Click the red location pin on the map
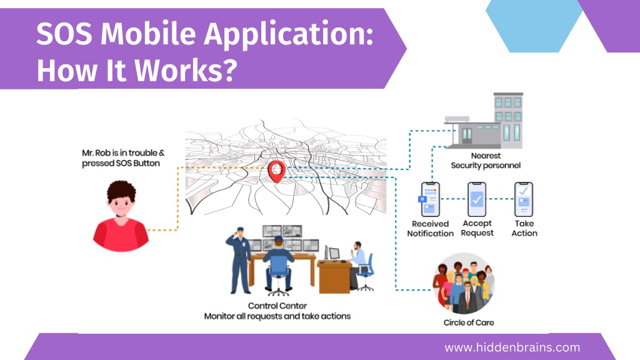tap(276, 171)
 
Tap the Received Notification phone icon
tap(429, 199)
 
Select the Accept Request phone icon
tap(477, 199)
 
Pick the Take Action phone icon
tap(524, 199)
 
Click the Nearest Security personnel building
tap(484, 121)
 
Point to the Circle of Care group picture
tap(464, 283)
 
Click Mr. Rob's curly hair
tap(121, 191)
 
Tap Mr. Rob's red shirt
tap(121, 235)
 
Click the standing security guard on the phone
tap(239, 260)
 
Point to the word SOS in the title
tap(64, 34)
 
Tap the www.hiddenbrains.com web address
tap(512, 347)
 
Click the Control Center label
tap(277, 306)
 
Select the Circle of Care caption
tap(469, 322)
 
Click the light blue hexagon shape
tap(534, 26)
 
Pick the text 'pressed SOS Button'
tap(121, 163)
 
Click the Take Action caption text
tap(524, 228)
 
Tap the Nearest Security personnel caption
tap(486, 161)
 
